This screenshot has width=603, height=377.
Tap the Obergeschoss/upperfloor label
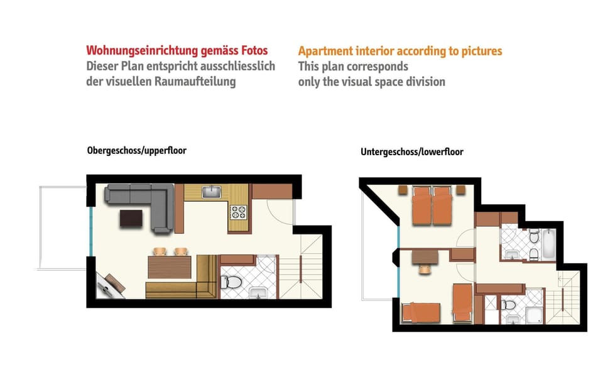pyautogui.click(x=137, y=151)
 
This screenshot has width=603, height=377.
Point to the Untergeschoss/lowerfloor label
pyautogui.click(x=412, y=152)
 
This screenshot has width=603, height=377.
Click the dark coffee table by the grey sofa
pyautogui.click(x=132, y=218)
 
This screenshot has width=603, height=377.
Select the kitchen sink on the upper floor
pyautogui.click(x=212, y=191)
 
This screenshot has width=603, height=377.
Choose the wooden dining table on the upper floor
pyautogui.click(x=169, y=268)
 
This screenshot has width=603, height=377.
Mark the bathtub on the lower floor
pyautogui.click(x=548, y=246)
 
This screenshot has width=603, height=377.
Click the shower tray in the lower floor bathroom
pyautogui.click(x=534, y=308)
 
